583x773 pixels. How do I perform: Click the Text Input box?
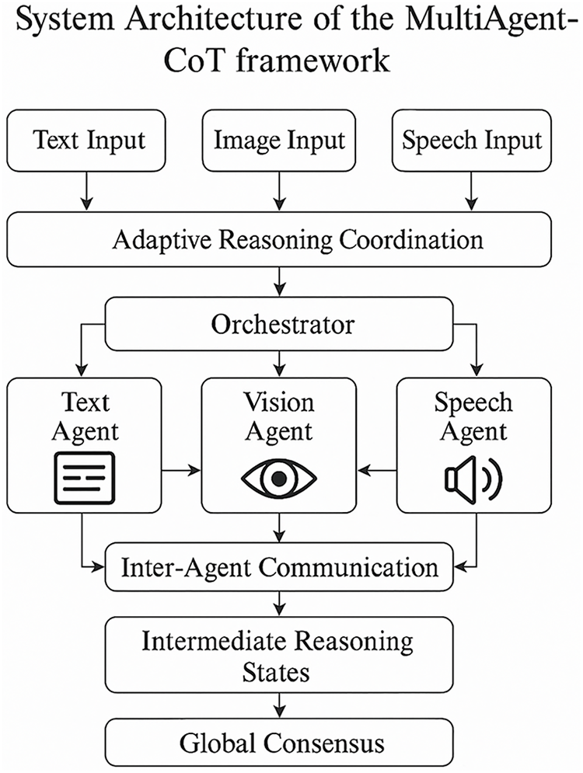point(86,141)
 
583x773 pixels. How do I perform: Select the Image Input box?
point(279,141)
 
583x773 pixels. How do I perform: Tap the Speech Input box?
point(472,141)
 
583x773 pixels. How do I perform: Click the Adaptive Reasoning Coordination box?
point(279,239)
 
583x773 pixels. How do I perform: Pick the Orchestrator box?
point(279,324)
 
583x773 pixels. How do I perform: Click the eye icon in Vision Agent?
point(279,479)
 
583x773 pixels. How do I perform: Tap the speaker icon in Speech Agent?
point(473,479)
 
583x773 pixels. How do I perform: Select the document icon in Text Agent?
point(85,478)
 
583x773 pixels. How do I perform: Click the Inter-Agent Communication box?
point(279,567)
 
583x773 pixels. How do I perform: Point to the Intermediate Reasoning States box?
point(279,655)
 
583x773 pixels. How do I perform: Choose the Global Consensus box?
point(279,742)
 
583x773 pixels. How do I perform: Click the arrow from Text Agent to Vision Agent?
point(181,470)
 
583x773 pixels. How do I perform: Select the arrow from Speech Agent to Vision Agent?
point(377,470)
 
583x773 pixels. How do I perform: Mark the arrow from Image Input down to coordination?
point(280,191)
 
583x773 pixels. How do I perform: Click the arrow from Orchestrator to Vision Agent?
point(280,364)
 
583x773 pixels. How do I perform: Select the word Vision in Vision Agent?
point(279,402)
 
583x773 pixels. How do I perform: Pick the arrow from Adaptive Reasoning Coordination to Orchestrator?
point(280,281)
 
